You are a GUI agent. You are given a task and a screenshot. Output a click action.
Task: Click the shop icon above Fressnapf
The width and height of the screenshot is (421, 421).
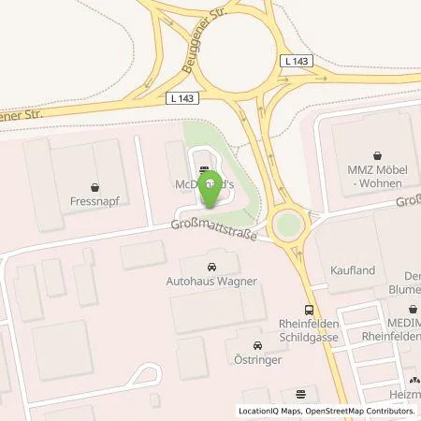pos(94,186)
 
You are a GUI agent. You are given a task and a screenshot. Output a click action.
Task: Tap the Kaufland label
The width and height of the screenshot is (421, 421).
pos(353,270)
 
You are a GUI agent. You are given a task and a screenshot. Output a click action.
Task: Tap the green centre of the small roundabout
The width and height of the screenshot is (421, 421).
pos(286,225)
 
